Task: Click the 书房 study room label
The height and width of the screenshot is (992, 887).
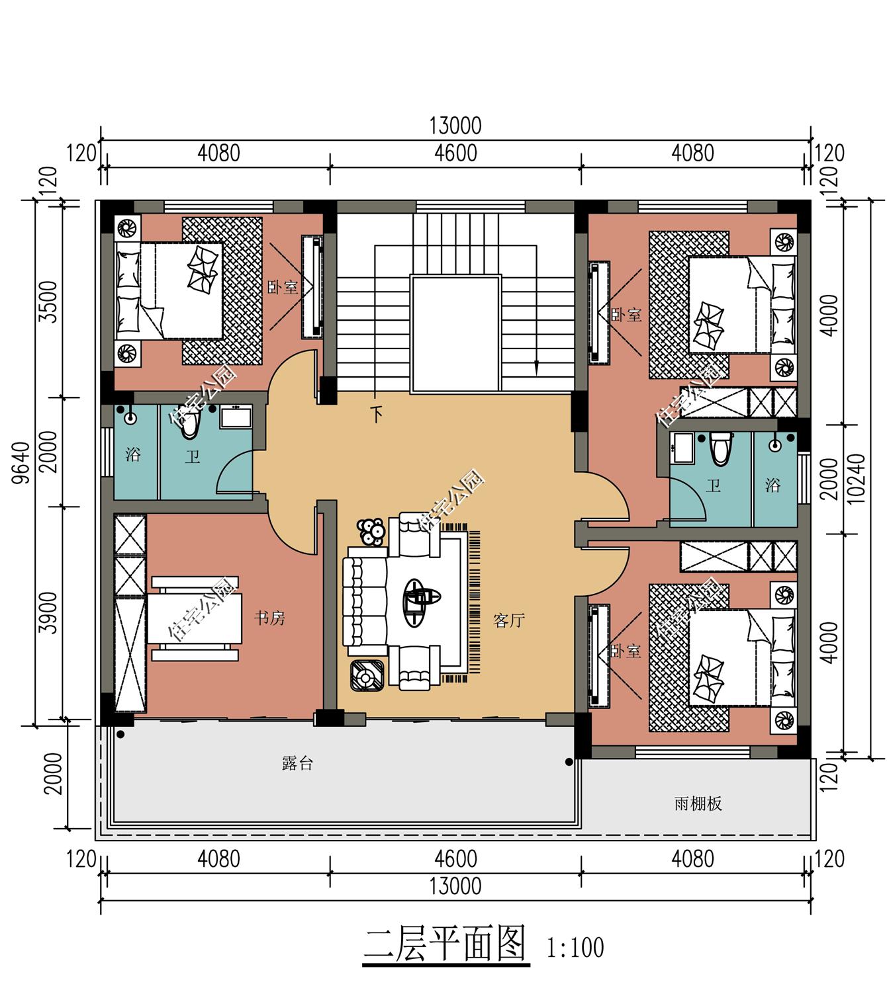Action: click(269, 618)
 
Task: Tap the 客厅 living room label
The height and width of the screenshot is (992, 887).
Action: click(509, 621)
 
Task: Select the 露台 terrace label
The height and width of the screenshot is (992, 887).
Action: click(297, 763)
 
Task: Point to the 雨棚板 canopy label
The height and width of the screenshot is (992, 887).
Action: click(698, 804)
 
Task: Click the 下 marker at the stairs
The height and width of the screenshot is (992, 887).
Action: click(377, 415)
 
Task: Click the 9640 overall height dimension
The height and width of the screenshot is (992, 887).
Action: click(21, 463)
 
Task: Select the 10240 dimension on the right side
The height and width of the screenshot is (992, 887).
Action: click(856, 479)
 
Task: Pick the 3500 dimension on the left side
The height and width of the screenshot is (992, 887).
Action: click(48, 302)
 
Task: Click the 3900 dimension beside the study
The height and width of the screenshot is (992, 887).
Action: click(48, 612)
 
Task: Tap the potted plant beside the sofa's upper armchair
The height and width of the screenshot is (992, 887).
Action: click(371, 532)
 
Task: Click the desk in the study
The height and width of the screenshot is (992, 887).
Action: click(195, 618)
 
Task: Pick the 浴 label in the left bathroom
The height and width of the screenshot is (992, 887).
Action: click(133, 455)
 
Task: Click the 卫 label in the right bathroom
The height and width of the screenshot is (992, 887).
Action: click(714, 485)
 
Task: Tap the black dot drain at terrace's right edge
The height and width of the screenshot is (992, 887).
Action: click(569, 762)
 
